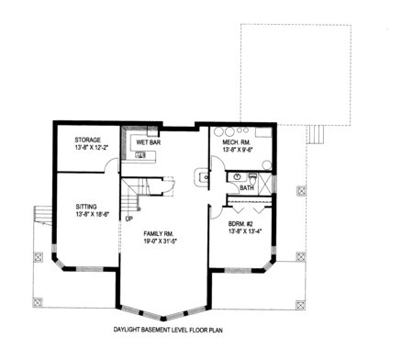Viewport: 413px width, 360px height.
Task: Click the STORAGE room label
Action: tap(87, 140)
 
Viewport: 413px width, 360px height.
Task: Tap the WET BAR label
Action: tap(149, 142)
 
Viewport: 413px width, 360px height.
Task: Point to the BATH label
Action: tap(247, 187)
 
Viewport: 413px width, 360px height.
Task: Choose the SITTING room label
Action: tap(86, 207)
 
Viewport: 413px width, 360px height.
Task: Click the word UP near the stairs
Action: tap(129, 219)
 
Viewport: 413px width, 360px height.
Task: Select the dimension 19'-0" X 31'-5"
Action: tap(161, 241)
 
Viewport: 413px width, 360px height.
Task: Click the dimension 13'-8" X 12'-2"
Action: tap(92, 147)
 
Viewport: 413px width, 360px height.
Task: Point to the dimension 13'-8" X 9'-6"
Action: tap(238, 150)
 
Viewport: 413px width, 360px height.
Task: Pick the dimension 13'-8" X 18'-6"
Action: tap(93, 214)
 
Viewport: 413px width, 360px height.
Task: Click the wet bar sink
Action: tap(141, 155)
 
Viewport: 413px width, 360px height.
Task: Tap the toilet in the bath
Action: tap(252, 178)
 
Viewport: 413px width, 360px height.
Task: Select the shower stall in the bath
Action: tap(265, 184)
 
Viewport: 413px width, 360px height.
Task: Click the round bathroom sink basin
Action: tap(238, 176)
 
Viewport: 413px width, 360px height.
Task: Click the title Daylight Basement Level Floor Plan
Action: tap(168, 330)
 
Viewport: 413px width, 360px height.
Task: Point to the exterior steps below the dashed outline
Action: tap(316, 134)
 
